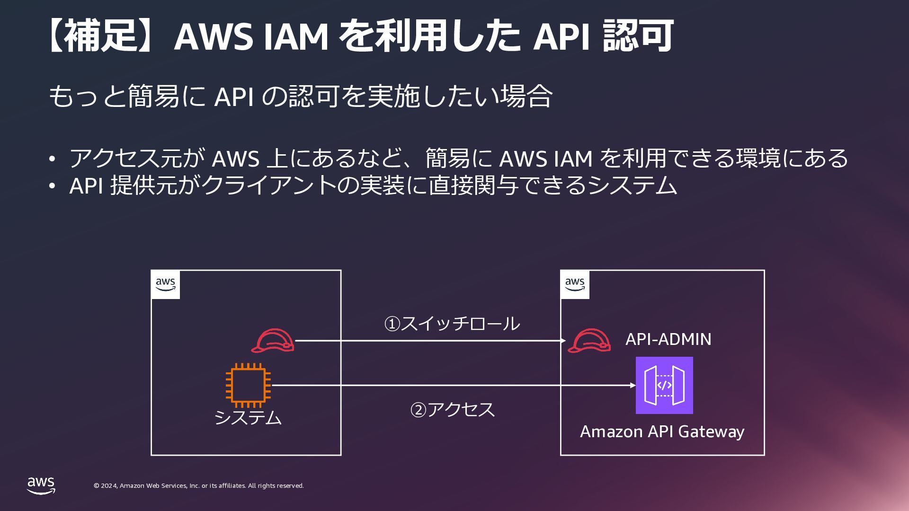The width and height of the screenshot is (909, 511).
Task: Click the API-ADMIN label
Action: [668, 339]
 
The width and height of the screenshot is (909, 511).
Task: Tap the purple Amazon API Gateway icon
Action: [664, 385]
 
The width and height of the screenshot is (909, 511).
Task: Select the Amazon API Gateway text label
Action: [662, 432]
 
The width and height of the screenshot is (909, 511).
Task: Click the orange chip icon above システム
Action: [248, 385]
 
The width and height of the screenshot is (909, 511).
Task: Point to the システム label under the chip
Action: [248, 417]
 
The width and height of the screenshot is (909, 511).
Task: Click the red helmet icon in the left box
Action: [273, 341]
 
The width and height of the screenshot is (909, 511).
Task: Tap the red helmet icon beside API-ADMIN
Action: [589, 341]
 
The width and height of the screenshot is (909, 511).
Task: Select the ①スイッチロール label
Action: [452, 324]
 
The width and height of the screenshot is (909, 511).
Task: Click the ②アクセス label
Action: [452, 409]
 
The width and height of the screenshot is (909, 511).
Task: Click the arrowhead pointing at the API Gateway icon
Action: [633, 385]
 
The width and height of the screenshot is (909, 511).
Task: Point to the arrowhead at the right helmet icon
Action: [563, 341]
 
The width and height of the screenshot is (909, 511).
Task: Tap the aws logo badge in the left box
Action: [165, 284]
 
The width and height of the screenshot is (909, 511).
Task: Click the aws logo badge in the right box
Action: [575, 284]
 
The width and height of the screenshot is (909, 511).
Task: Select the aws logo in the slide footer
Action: [41, 485]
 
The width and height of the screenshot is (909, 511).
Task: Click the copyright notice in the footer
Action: [199, 486]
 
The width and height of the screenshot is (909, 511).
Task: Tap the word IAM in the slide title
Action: [295, 36]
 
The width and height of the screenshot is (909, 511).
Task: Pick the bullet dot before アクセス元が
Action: [53, 159]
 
